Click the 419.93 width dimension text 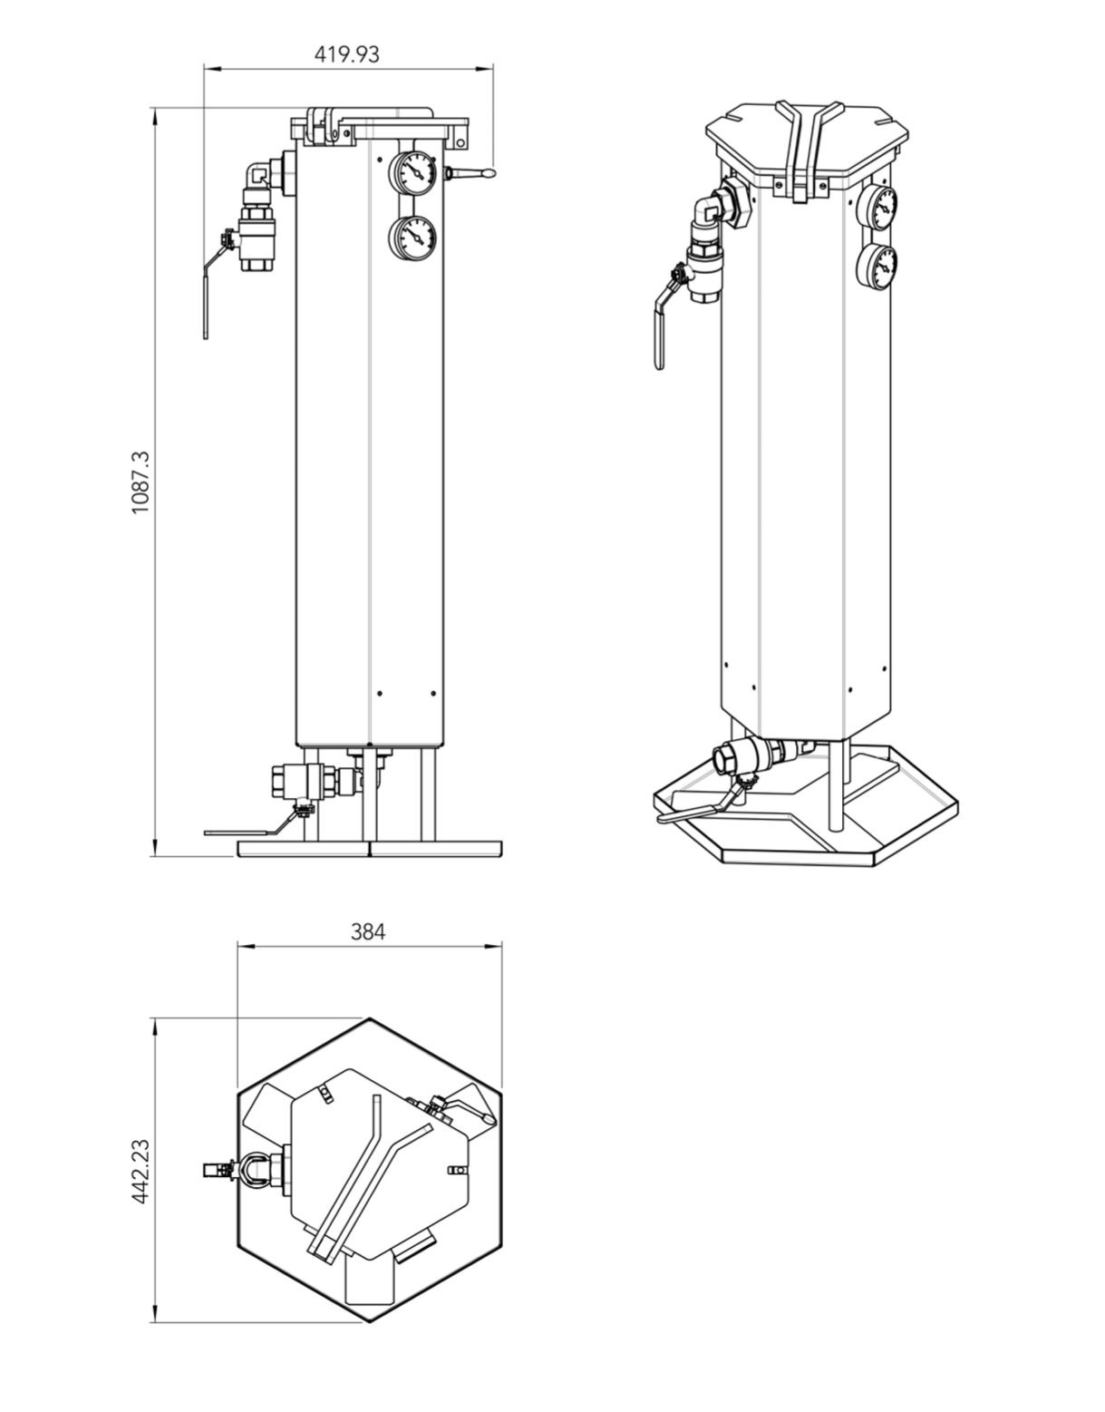tap(346, 54)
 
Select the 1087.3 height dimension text tap(140, 482)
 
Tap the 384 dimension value tap(368, 931)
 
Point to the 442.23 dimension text tap(141, 1171)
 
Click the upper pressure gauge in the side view tap(412, 173)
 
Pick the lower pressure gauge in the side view tap(412, 239)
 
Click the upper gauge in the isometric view tap(877, 208)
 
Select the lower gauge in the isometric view tap(877, 267)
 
